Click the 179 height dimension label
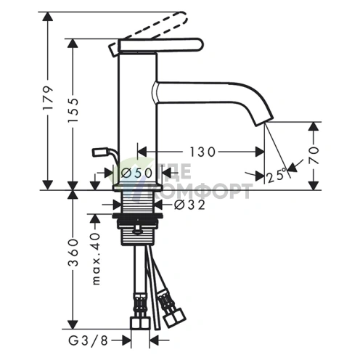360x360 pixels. (48, 98)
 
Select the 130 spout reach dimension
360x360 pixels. (202, 152)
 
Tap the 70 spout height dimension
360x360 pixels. (314, 155)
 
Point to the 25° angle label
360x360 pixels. (277, 175)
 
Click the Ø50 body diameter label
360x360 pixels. (136, 173)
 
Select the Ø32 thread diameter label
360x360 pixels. (190, 205)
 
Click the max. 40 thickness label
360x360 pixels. (96, 258)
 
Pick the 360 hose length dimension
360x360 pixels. (73, 253)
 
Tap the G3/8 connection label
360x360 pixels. (88, 341)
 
